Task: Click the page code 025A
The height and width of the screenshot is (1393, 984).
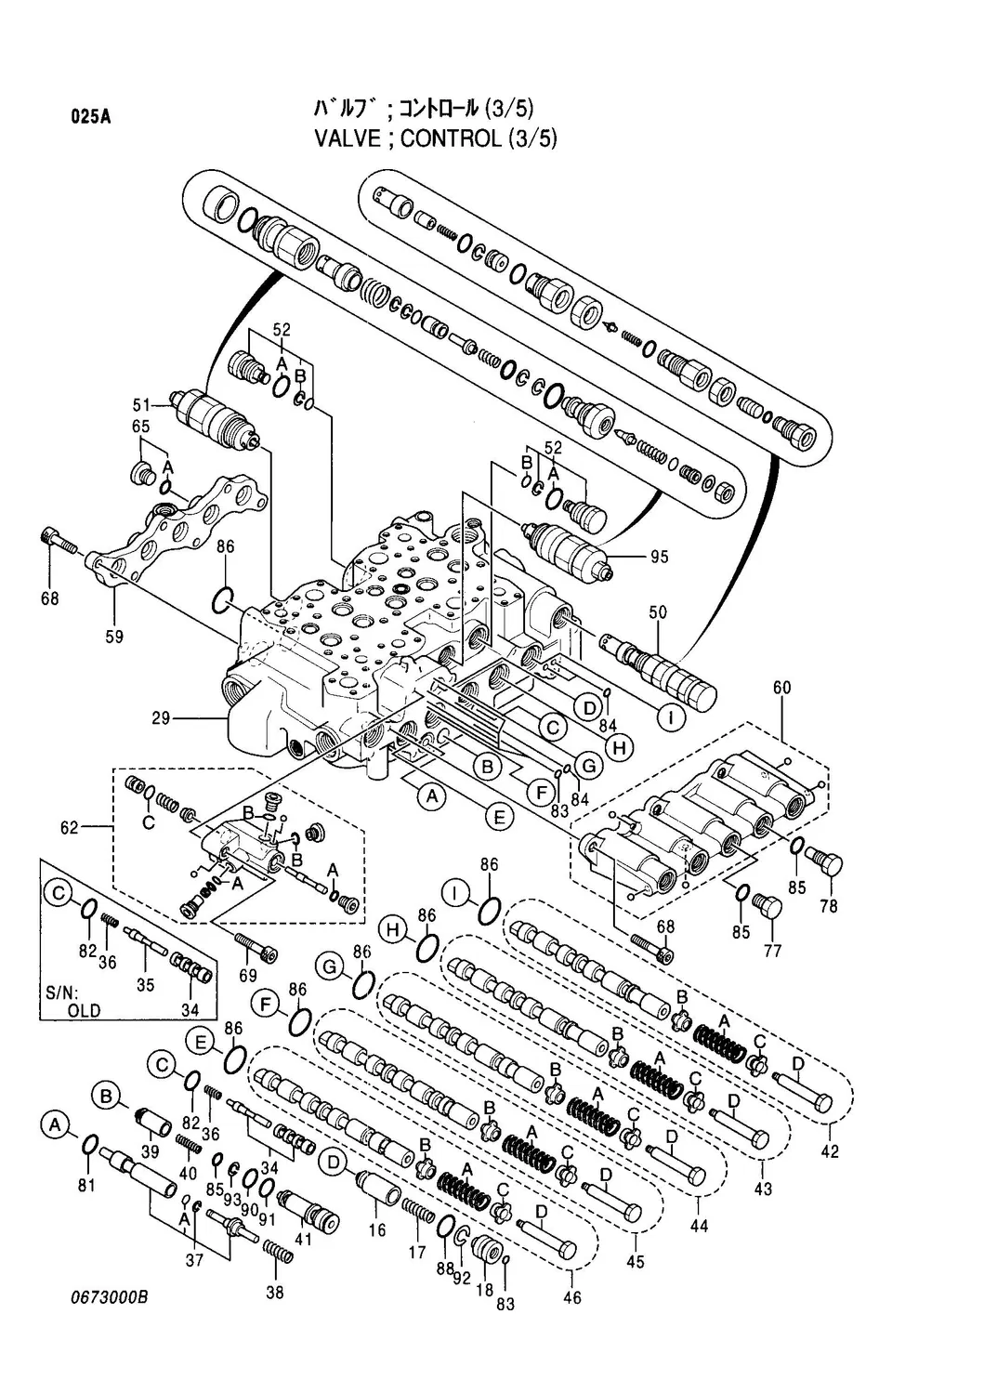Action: (91, 117)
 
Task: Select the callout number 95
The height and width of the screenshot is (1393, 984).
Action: (660, 558)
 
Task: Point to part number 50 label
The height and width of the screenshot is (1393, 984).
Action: (658, 613)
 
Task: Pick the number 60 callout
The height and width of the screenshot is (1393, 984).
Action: (782, 688)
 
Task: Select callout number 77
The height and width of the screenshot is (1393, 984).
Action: (772, 951)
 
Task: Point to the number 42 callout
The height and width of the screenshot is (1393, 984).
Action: (830, 1151)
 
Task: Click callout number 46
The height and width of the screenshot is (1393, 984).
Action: (572, 1297)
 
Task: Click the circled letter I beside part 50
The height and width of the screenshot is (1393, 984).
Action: (670, 716)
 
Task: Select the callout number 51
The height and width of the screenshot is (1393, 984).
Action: (141, 404)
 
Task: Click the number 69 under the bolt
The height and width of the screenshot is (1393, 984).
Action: (248, 976)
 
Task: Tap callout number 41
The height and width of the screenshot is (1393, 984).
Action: (303, 1238)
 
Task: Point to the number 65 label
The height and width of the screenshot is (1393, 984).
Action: (141, 427)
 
